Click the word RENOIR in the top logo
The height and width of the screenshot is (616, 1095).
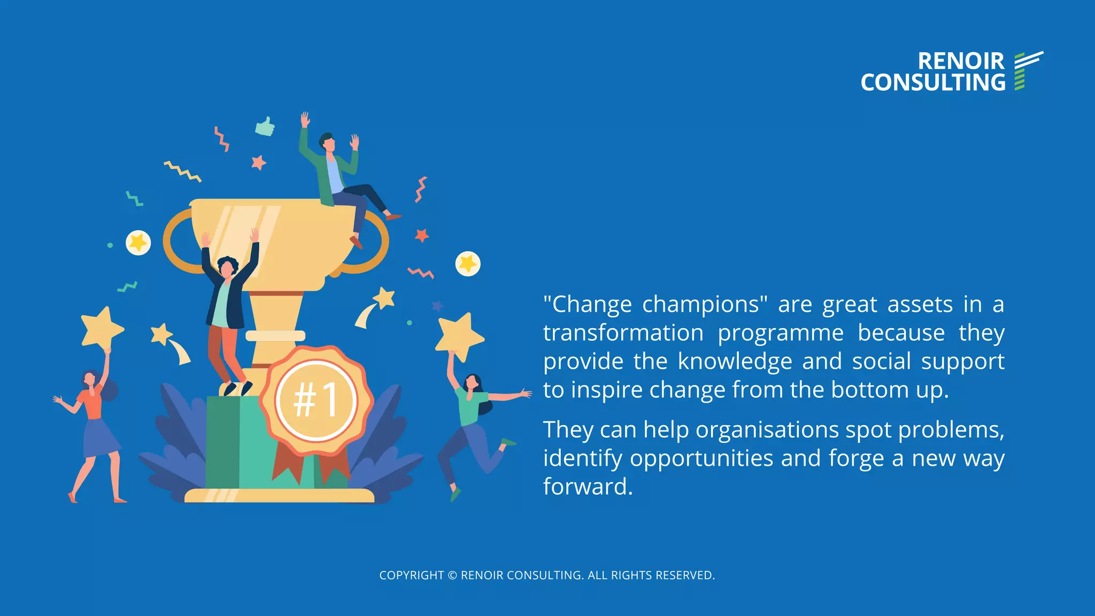pyautogui.click(x=961, y=61)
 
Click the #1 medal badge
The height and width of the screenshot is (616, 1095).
pyautogui.click(x=316, y=400)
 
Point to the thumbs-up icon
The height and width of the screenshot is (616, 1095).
pyautogui.click(x=265, y=127)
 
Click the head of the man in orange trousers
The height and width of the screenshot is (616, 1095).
pyautogui.click(x=227, y=266)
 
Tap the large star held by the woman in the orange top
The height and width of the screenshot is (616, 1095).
pyautogui.click(x=102, y=327)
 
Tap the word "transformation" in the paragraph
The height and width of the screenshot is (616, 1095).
pyautogui.click(x=623, y=333)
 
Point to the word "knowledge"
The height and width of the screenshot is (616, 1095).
pyautogui.click(x=735, y=361)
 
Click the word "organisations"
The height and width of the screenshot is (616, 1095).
pyautogui.click(x=767, y=429)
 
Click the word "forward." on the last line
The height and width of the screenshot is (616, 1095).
pyautogui.click(x=588, y=487)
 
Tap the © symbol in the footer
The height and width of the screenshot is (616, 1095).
pyautogui.click(x=452, y=575)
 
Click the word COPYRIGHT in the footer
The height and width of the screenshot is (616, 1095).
pyautogui.click(x=411, y=575)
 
